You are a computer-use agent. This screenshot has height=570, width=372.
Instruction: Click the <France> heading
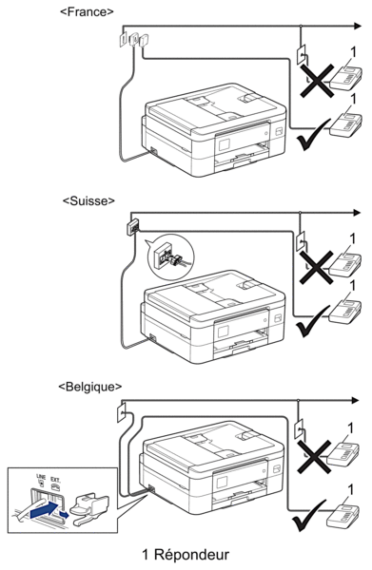[87, 11]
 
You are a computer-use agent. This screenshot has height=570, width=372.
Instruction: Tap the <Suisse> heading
[88, 200]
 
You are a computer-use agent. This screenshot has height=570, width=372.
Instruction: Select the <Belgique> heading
[89, 387]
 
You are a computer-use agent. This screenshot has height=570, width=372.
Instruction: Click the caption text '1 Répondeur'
[186, 555]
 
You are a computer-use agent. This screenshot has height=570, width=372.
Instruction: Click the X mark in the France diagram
[317, 81]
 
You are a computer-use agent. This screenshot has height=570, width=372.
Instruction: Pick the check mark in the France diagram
[313, 135]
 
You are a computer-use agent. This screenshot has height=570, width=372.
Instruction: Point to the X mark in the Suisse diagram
[316, 267]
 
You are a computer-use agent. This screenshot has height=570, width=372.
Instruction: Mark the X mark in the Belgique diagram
[314, 457]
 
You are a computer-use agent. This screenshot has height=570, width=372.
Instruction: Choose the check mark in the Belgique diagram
[309, 516]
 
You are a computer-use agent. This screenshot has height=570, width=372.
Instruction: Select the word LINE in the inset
[41, 477]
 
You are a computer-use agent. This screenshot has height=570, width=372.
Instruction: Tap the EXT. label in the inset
[55, 480]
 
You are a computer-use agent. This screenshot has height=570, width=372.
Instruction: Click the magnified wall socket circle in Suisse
[171, 258]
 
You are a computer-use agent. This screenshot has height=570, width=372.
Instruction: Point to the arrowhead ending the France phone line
[358, 26]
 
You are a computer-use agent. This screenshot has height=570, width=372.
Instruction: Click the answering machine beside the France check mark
[345, 125]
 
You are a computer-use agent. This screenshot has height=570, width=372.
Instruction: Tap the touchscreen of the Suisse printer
[223, 332]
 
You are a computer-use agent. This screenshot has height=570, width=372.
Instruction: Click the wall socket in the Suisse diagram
[133, 227]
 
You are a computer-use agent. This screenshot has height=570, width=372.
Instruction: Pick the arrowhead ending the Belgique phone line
[356, 400]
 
